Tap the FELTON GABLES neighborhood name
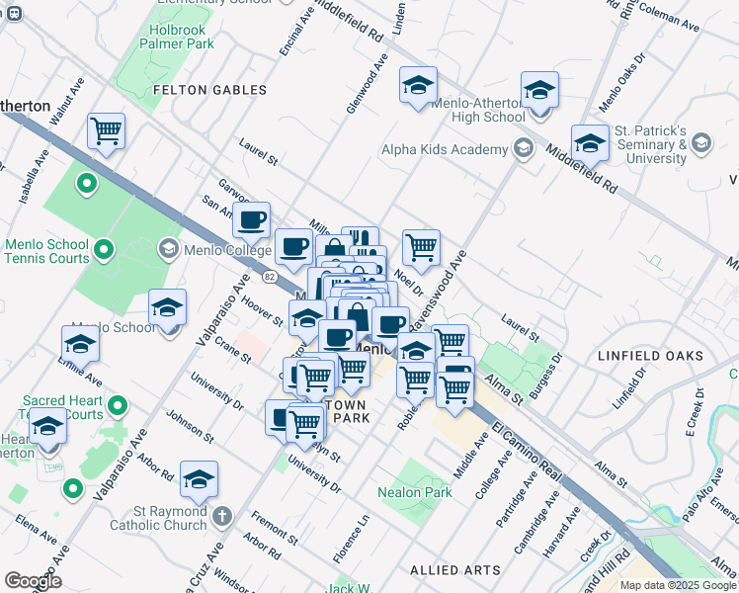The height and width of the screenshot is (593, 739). pyautogui.click(x=210, y=90)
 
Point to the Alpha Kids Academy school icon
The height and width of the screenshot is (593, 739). pyautogui.click(x=523, y=150)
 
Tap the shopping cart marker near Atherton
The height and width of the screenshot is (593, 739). pyautogui.click(x=106, y=130)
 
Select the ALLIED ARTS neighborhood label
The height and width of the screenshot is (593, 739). pyautogui.click(x=454, y=570)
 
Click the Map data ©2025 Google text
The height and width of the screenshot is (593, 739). pyautogui.click(x=677, y=585)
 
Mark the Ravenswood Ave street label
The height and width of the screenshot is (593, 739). pyautogui.click(x=445, y=280)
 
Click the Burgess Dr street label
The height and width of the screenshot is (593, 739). pyautogui.click(x=545, y=375)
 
